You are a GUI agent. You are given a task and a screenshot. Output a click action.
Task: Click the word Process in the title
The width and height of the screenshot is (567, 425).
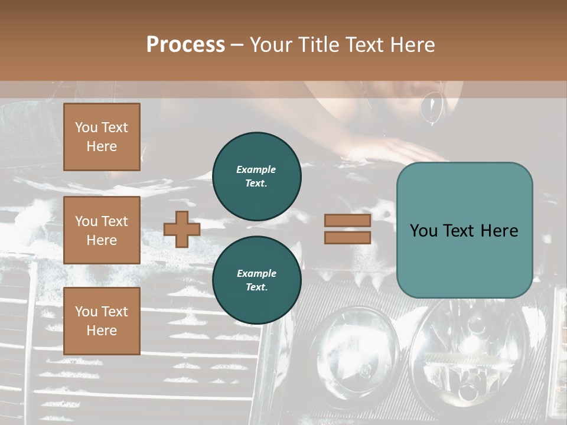185,45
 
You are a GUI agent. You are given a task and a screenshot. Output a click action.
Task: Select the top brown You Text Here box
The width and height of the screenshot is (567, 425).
102,137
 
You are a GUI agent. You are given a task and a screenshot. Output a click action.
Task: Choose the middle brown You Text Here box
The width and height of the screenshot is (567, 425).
102,230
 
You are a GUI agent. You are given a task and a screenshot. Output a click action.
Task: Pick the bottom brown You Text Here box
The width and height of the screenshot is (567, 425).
102,321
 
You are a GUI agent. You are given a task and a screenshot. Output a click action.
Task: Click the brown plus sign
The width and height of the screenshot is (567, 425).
182,230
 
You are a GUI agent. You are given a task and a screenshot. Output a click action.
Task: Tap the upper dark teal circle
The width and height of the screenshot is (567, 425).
257,176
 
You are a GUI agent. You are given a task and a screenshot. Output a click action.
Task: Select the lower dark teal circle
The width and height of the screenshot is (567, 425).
257,280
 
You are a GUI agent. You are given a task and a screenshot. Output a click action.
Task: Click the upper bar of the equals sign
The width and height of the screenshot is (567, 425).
347,221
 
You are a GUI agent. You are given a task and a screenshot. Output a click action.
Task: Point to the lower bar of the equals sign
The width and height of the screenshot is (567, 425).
347,238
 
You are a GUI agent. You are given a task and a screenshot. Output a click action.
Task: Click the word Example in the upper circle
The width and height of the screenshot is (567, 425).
256,169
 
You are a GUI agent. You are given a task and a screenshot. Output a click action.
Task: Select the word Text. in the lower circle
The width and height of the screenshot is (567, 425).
256,287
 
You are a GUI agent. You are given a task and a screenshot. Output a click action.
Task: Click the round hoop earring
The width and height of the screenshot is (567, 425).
432,107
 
